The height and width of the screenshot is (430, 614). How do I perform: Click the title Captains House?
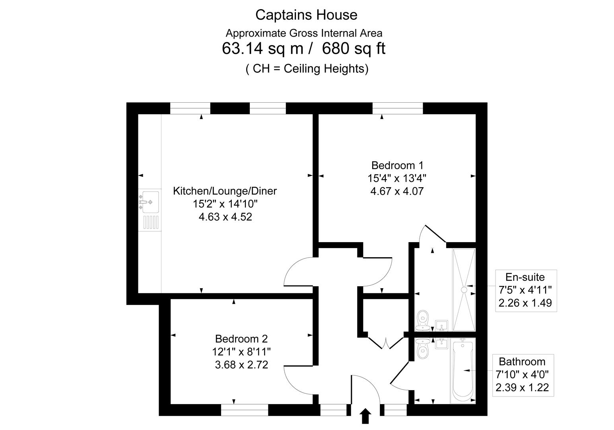click(x=306, y=15)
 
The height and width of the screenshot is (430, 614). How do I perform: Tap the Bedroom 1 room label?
click(x=397, y=165)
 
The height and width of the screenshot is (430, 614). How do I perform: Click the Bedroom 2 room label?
click(x=241, y=339)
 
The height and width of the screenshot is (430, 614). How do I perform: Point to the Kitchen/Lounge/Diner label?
click(x=225, y=191)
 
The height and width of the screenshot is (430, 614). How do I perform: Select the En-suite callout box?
click(x=525, y=290)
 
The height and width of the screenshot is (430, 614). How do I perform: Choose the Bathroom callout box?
click(x=522, y=375)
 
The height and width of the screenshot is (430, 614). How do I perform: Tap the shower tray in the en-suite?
click(x=464, y=290)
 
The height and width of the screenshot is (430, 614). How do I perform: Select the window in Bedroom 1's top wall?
click(x=397, y=108)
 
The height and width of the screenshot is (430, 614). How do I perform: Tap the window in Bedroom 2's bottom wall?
click(x=244, y=410)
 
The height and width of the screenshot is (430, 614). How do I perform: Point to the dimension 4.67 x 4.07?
click(x=397, y=191)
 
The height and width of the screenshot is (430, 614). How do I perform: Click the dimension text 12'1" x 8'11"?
click(x=241, y=352)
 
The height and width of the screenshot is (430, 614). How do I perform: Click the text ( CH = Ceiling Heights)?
click(x=307, y=69)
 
